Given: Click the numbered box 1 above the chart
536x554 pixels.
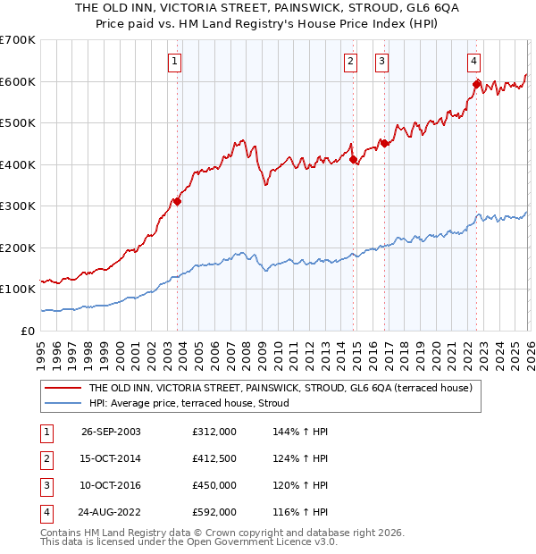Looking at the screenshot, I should [173, 62].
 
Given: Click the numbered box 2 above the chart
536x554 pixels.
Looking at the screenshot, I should [350, 62].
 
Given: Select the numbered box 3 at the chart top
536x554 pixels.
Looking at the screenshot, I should [381, 62].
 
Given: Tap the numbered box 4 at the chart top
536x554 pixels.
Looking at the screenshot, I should [473, 62].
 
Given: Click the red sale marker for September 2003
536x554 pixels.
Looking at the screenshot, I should [178, 202].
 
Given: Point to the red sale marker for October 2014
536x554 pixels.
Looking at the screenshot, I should [353, 160].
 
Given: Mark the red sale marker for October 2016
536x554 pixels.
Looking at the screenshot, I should [384, 143].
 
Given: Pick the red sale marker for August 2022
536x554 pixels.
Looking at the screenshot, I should [477, 85].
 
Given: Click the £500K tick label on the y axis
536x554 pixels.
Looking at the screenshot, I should [17, 122].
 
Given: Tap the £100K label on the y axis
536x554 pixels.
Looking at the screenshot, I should [17, 290].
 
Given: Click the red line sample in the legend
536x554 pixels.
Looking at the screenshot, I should [63, 388].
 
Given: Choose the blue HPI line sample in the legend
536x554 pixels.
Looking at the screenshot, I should [63, 403].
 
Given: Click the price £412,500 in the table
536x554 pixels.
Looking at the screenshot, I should [214, 459].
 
